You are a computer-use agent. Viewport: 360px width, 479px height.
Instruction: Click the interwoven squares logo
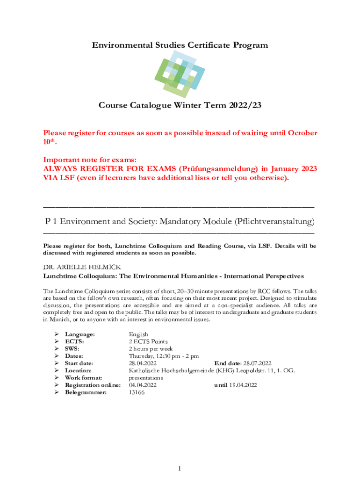[180, 74]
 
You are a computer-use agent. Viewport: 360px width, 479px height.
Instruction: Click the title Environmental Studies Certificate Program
[180, 45]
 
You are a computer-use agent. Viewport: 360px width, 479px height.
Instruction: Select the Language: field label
[80, 334]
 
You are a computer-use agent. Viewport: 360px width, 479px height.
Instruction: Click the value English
[138, 334]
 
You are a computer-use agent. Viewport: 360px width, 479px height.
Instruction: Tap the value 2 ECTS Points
[148, 341]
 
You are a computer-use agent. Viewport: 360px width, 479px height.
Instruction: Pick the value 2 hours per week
[151, 349]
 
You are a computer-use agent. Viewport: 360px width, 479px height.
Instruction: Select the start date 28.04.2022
[143, 363]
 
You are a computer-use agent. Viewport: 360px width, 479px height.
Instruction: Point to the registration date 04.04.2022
[143, 385]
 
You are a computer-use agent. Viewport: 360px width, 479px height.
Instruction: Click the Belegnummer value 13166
[137, 392]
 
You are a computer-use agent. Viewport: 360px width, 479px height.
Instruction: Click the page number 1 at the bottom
[180, 468]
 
